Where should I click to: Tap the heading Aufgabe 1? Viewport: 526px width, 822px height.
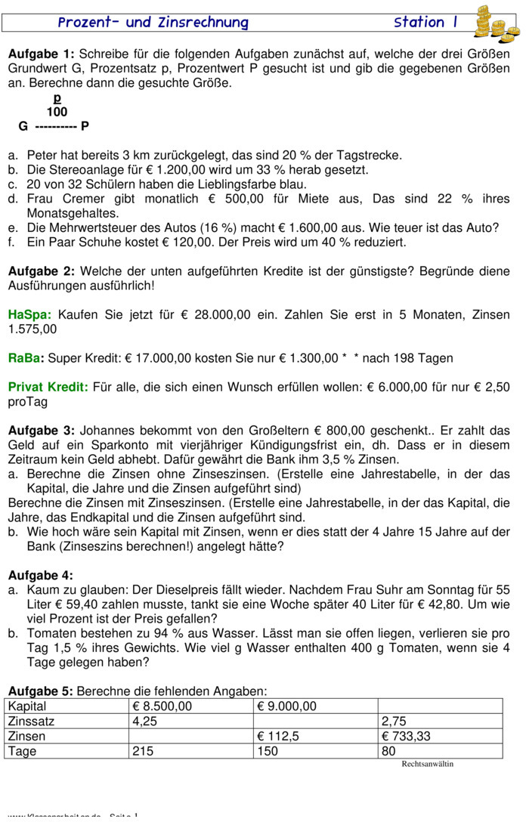(42, 54)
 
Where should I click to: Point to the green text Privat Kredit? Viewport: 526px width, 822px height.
(48, 387)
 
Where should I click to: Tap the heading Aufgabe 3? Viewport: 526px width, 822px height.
(42, 431)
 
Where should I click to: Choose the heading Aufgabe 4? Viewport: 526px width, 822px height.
(41, 575)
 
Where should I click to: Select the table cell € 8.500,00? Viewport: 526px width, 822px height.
(162, 706)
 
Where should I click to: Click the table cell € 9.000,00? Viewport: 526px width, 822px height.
(287, 706)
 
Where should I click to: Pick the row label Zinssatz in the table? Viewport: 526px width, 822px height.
(31, 722)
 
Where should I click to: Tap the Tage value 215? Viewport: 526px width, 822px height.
(143, 751)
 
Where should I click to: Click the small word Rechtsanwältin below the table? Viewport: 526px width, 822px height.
(427, 764)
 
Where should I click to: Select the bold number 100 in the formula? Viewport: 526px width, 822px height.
(57, 112)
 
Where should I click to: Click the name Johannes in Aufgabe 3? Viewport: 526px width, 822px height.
(107, 431)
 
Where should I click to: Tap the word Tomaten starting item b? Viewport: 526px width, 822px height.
(51, 633)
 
